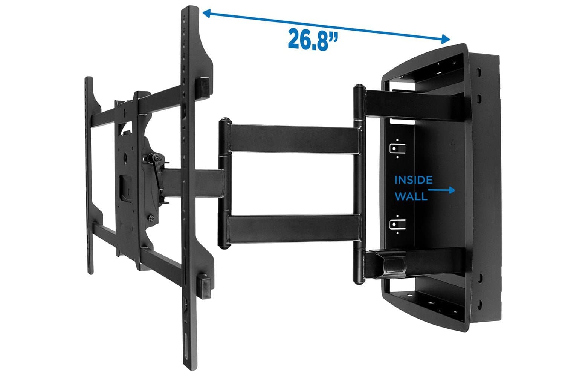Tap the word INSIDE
413,180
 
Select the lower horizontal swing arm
294,228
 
